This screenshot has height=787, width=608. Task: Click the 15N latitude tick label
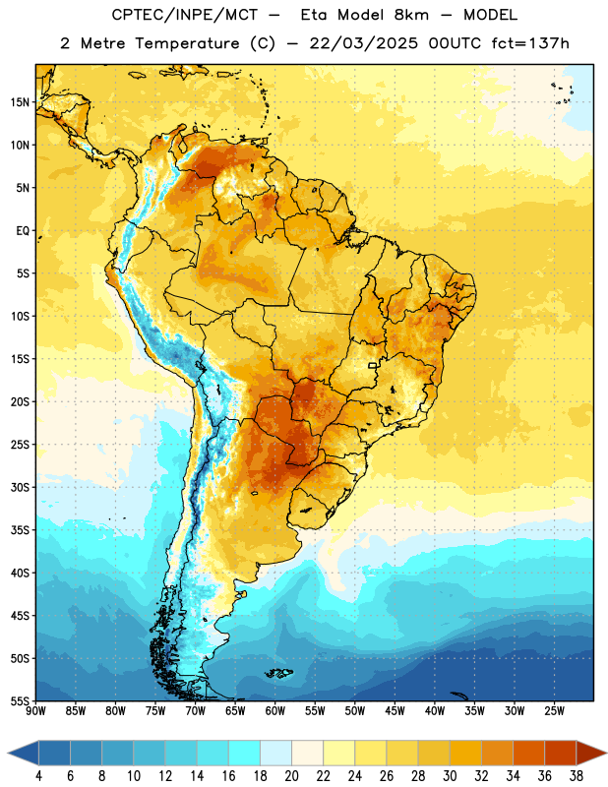pyautogui.click(x=20, y=102)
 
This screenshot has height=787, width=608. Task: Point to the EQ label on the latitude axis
pyautogui.click(x=23, y=231)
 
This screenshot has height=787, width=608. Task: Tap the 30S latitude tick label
pyautogui.click(x=20, y=487)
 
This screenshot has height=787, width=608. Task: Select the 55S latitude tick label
pyautogui.click(x=20, y=700)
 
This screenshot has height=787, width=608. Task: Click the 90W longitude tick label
pyautogui.click(x=35, y=711)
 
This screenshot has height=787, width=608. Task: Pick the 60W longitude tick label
pyautogui.click(x=275, y=711)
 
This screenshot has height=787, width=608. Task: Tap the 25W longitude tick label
pyautogui.click(x=554, y=711)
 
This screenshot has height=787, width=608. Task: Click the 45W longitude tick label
pyautogui.click(x=395, y=711)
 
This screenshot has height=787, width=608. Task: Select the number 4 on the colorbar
pyautogui.click(x=38, y=776)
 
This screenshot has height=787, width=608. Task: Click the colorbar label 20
pyautogui.click(x=291, y=776)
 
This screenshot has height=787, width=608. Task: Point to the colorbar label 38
pyautogui.click(x=577, y=776)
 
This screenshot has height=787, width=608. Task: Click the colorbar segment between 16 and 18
pyautogui.click(x=245, y=753)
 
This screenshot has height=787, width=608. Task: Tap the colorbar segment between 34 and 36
pyautogui.click(x=529, y=753)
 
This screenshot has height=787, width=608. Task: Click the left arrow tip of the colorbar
pyautogui.click(x=8, y=753)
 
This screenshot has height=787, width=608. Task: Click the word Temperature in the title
pyautogui.click(x=187, y=43)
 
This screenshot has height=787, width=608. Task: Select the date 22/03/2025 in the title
pyautogui.click(x=363, y=43)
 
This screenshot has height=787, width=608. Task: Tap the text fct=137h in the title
pyautogui.click(x=530, y=43)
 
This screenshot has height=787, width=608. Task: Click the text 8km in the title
pyautogui.click(x=411, y=15)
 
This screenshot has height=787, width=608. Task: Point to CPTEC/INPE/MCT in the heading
pyautogui.click(x=185, y=15)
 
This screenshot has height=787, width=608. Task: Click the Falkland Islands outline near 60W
pyautogui.click(x=279, y=673)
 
